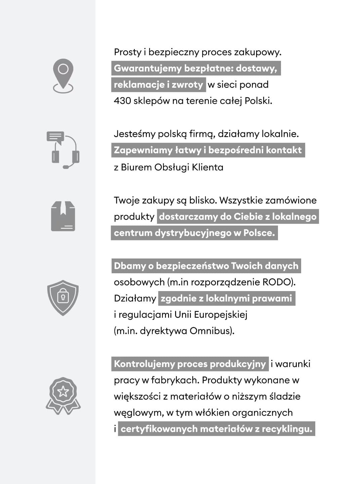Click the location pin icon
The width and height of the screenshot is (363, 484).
63,76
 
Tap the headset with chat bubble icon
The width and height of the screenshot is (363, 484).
63,150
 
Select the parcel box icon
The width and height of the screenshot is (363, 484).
63,216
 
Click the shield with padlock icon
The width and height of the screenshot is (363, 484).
63,297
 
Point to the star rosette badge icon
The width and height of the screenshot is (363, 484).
63,395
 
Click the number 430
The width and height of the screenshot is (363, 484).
122,101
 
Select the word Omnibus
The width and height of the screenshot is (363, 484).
212,331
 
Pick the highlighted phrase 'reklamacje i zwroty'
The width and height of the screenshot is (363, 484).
158,85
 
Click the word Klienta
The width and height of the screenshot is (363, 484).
207,167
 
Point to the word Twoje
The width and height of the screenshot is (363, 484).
126,200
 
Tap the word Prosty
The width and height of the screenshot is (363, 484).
127,52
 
